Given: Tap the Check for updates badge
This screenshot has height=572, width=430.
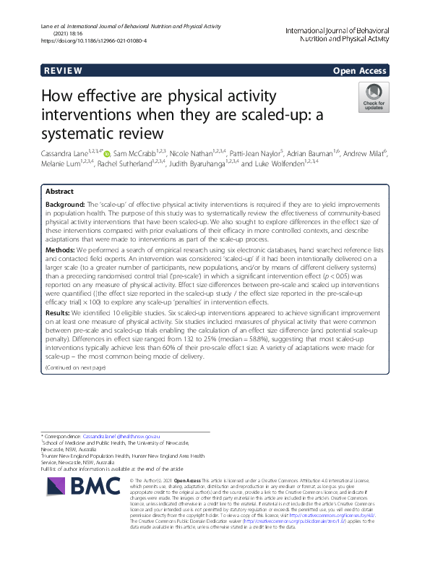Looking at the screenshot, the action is [x=372, y=97].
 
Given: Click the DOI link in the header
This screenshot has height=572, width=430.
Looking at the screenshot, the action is [x=94, y=41].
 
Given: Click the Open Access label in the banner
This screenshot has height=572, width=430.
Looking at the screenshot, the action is [x=360, y=71].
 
